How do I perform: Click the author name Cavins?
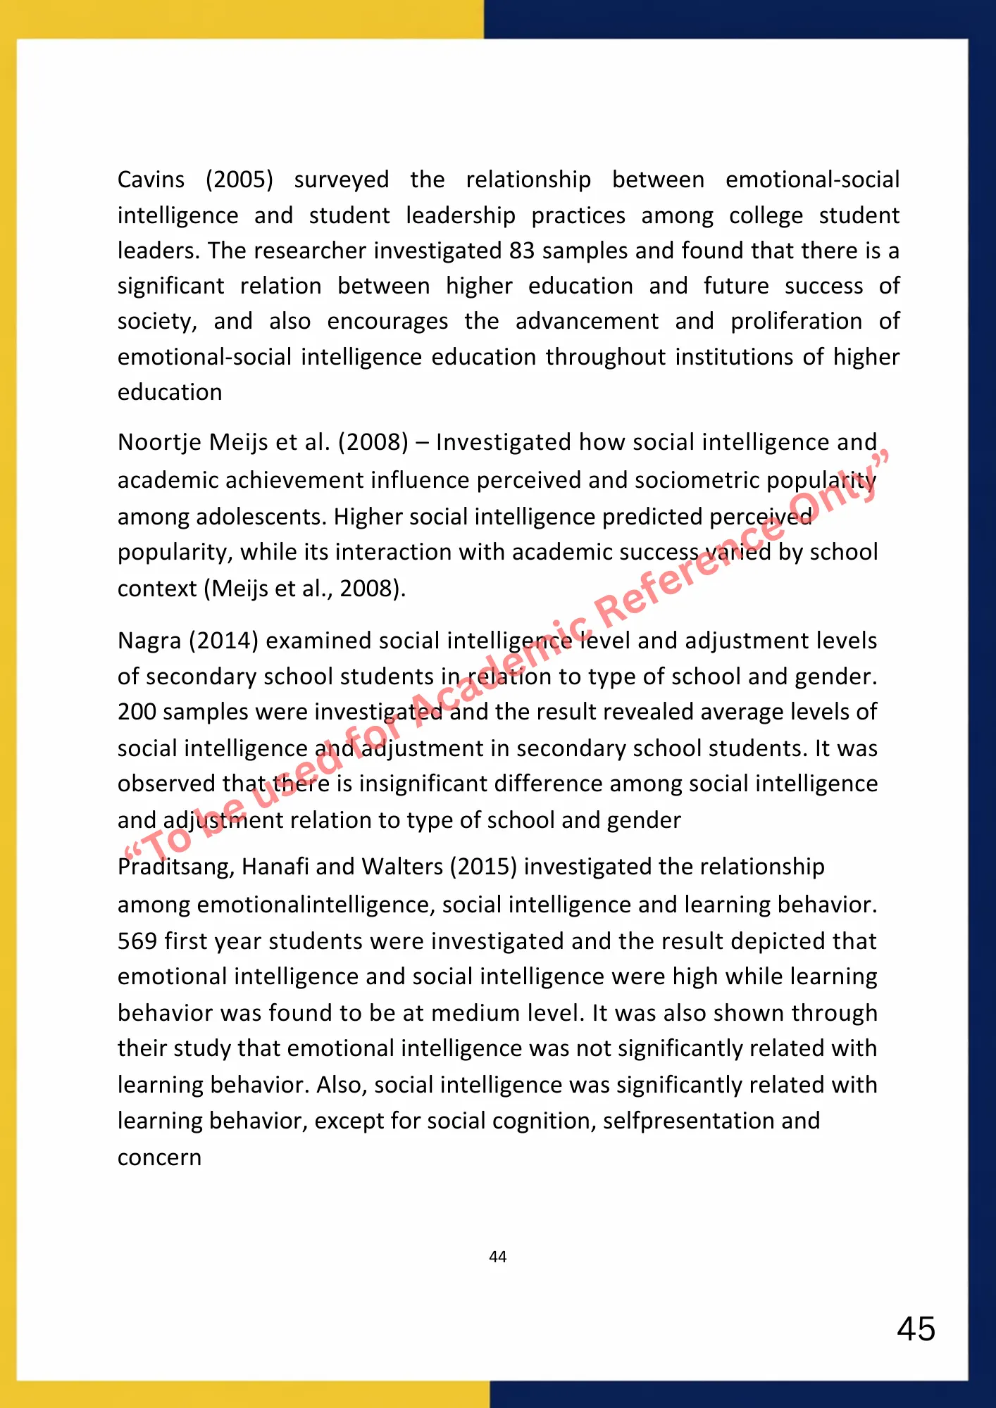click(151, 180)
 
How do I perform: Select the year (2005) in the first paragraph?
click(239, 180)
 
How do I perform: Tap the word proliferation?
click(796, 321)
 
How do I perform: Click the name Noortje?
click(160, 442)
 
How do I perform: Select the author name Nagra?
click(149, 641)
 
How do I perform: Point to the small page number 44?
click(498, 1257)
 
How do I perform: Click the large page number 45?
click(916, 1329)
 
